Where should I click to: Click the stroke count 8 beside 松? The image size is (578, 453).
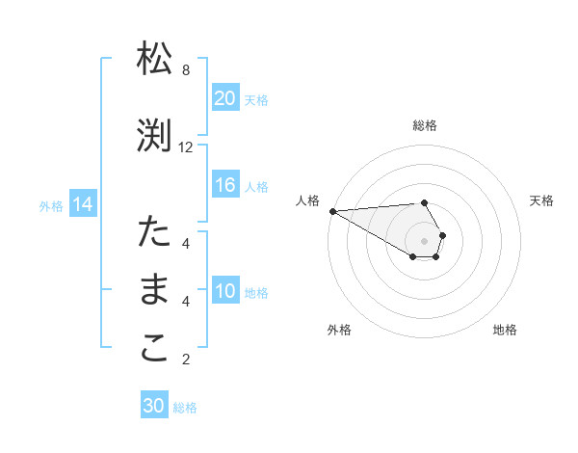point(186,70)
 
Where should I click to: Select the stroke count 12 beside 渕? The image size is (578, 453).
point(186,147)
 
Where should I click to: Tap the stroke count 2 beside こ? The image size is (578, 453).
point(186,360)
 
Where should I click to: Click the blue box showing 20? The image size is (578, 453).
point(225,98)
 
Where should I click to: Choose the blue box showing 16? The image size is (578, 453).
point(225,185)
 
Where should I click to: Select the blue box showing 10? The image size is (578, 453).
point(225,291)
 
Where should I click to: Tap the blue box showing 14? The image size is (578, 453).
point(82,204)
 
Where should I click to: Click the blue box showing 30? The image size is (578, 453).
point(154,407)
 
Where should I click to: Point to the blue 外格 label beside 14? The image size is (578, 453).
point(51,205)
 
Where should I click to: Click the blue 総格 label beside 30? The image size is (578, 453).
point(185,408)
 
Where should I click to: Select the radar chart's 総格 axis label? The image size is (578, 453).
point(425,126)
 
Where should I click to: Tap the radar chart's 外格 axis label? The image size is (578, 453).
point(339,330)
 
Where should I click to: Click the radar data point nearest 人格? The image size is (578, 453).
point(332,211)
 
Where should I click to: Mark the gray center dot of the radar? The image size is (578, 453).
point(425,240)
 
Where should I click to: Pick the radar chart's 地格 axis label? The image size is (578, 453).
point(505,330)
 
